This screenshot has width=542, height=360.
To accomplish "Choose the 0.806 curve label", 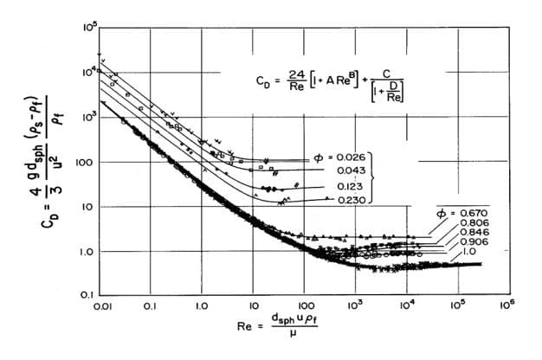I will pyautogui.click(x=468, y=223).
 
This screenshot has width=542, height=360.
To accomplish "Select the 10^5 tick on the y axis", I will pyautogui.click(x=88, y=29).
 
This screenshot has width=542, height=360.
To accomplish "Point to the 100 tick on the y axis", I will pyautogui.click(x=87, y=162).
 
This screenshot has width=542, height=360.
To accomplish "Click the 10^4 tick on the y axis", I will pyautogui.click(x=88, y=73).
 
